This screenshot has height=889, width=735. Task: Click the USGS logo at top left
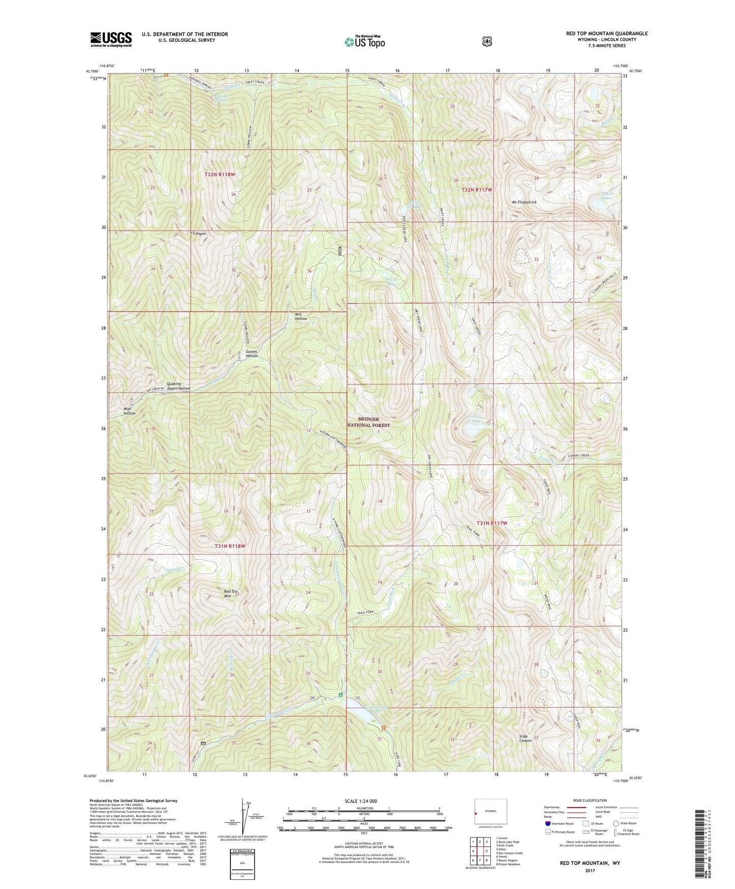pos(111,39)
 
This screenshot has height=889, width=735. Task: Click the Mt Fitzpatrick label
pos(524,202)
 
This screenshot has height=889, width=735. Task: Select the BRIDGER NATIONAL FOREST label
pos(368,422)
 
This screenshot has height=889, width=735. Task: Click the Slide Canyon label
pos(525,738)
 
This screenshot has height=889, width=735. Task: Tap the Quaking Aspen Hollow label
pos(178,386)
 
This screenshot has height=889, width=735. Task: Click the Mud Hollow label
pos(129,411)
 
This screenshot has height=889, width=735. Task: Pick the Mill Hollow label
pos(301,316)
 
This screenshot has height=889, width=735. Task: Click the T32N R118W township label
pos(220,174)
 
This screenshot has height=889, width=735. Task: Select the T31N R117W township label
pos(492,523)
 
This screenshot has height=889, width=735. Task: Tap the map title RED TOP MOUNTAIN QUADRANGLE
pos(607,34)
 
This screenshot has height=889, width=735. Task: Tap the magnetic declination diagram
pos(243,817)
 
